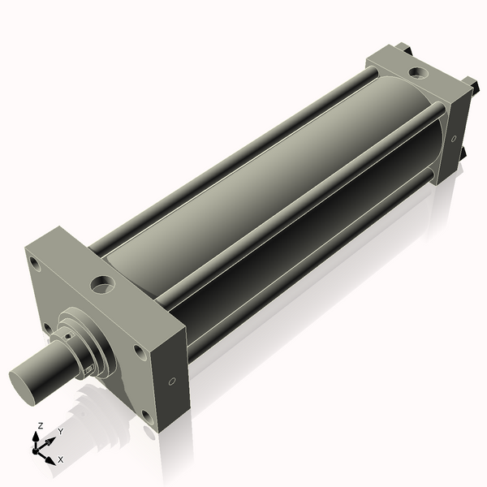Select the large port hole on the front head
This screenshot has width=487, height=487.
102,285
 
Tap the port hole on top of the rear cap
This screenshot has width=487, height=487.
418,73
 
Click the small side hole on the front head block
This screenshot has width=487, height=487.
172,381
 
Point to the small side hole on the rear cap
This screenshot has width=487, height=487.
454,139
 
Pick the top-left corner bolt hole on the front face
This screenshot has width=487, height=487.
34,263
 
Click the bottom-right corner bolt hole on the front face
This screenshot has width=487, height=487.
148,418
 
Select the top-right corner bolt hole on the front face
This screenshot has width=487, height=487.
140,352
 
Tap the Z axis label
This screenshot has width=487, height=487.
41,425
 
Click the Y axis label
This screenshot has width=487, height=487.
61,432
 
